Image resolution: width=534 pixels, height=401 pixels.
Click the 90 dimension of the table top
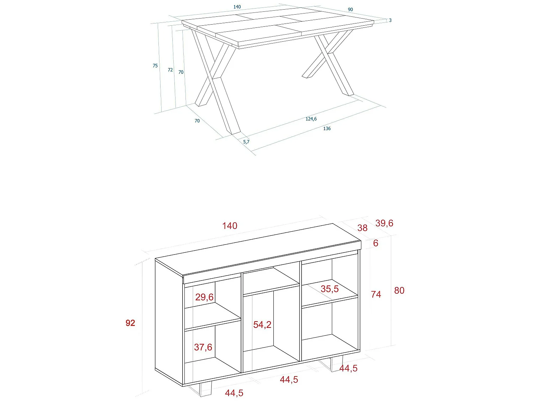350,10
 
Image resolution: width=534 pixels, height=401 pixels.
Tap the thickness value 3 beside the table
390,20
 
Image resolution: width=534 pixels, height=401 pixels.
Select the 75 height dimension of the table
155,66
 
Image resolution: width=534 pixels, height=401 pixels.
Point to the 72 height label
170,70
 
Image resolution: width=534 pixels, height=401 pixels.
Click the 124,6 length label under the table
311,119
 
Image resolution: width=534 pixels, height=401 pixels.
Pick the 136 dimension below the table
327,129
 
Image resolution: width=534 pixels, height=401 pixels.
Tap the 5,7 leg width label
246,142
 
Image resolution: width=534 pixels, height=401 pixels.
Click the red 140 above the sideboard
230,226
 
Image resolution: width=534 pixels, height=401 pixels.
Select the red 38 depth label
362,228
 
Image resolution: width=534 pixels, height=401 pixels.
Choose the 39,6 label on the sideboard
384,223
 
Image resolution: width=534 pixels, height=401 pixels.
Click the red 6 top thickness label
376,243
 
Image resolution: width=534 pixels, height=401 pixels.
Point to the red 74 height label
376,294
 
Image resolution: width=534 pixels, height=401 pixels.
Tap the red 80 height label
399,291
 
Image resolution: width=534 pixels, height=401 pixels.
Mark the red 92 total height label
130,323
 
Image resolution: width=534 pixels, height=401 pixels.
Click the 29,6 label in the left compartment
204,297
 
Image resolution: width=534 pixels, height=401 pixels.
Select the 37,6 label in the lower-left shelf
203,347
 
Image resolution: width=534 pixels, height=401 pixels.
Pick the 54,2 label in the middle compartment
262,325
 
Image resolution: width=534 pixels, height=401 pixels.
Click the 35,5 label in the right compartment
330,289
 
